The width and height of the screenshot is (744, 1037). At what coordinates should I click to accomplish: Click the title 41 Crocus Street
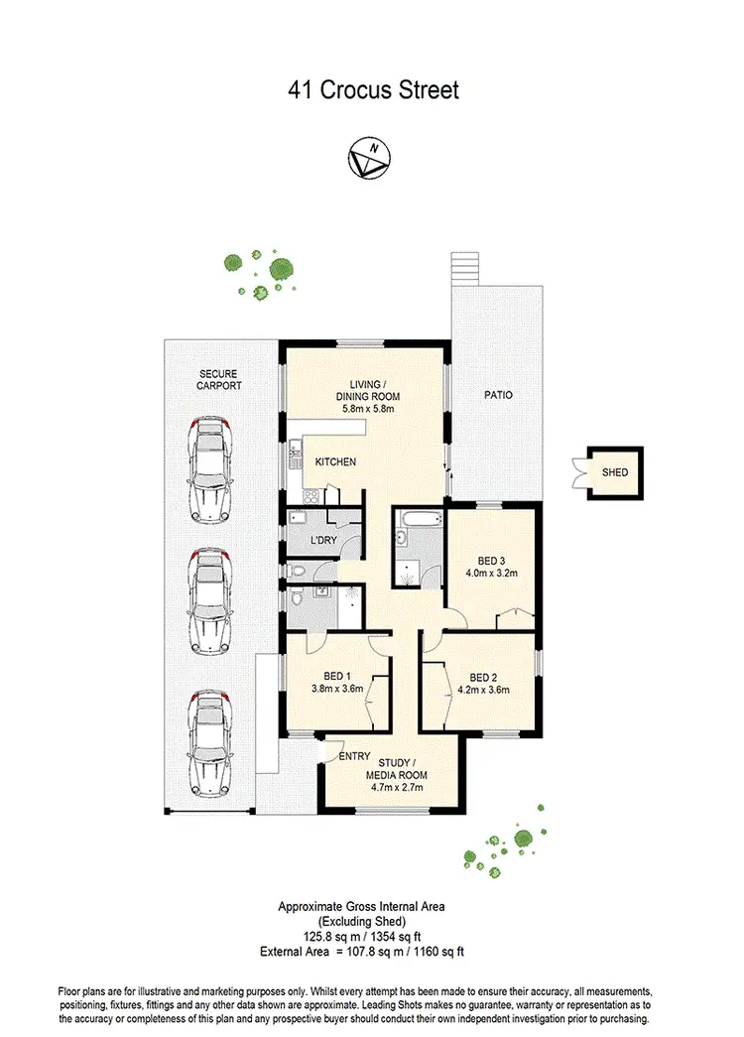point(373,90)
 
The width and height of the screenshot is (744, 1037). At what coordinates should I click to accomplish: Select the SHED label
point(615,473)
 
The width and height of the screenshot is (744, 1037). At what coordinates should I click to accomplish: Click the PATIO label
point(498,395)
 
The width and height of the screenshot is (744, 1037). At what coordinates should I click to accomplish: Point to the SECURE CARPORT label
point(218,380)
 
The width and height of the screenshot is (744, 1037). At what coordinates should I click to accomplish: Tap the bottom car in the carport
point(209,739)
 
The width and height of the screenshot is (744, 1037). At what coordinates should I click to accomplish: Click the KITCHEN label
point(335,462)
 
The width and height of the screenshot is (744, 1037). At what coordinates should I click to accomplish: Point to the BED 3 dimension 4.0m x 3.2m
point(491,573)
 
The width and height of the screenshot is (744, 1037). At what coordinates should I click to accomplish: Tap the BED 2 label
point(483,676)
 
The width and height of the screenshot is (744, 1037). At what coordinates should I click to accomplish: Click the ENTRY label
point(355,756)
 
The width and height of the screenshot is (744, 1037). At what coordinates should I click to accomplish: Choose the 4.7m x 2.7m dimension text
point(396,788)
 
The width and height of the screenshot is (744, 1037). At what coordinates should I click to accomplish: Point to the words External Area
point(291,951)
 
